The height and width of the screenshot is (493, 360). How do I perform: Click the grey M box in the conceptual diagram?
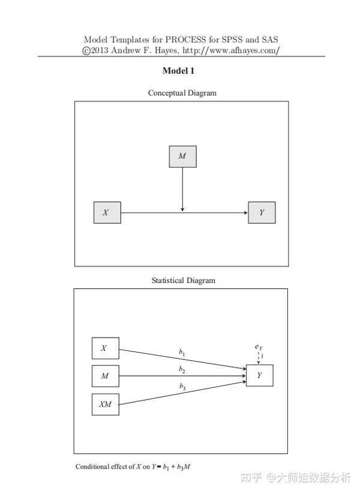click(x=182, y=157)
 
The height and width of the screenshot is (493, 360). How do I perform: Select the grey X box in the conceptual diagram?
click(x=107, y=212)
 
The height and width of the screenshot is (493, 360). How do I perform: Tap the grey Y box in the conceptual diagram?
click(x=262, y=212)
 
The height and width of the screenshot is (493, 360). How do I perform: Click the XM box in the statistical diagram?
click(x=106, y=404)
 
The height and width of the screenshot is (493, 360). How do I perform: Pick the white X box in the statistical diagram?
click(x=106, y=348)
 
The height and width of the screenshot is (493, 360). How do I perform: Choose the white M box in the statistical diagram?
click(x=106, y=375)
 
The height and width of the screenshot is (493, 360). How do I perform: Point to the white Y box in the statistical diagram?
click(x=259, y=375)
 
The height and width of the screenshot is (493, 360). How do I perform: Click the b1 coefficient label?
click(x=182, y=353)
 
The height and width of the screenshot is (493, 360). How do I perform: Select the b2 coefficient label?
click(x=182, y=369)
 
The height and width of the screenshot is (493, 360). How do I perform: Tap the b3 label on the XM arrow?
click(x=182, y=386)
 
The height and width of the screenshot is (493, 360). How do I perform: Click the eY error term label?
click(x=259, y=347)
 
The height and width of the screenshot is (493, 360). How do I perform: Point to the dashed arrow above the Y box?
click(x=259, y=358)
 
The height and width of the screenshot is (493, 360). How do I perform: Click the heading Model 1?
click(x=178, y=71)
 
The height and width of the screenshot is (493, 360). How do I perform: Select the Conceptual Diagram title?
click(x=182, y=93)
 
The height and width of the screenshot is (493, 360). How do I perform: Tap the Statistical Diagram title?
click(x=184, y=281)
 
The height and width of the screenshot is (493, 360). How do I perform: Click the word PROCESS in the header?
click(x=185, y=40)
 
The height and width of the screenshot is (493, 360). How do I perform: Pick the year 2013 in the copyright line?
click(x=100, y=50)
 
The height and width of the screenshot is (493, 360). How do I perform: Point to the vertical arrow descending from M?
click(x=182, y=190)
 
